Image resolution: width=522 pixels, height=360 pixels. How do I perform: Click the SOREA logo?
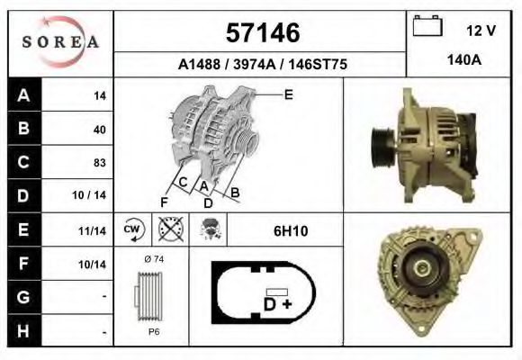click(x=60, y=42)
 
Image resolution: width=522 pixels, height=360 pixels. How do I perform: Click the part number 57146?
click(x=261, y=33)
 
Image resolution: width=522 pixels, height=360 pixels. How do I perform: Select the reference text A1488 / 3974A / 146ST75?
click(x=263, y=65)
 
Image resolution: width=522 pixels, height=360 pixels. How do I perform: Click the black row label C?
click(x=22, y=163)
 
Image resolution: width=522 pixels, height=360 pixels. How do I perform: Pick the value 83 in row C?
click(x=100, y=163)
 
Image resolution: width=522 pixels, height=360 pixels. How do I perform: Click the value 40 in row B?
click(x=100, y=129)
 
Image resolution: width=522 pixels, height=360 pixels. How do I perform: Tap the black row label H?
click(x=22, y=331)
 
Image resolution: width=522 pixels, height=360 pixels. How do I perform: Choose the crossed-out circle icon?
click(x=170, y=229)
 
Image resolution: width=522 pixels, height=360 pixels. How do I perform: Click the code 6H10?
click(x=291, y=231)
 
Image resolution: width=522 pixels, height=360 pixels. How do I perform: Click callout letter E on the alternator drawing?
click(x=289, y=94)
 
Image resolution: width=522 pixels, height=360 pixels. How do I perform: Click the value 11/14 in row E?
click(x=93, y=231)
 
